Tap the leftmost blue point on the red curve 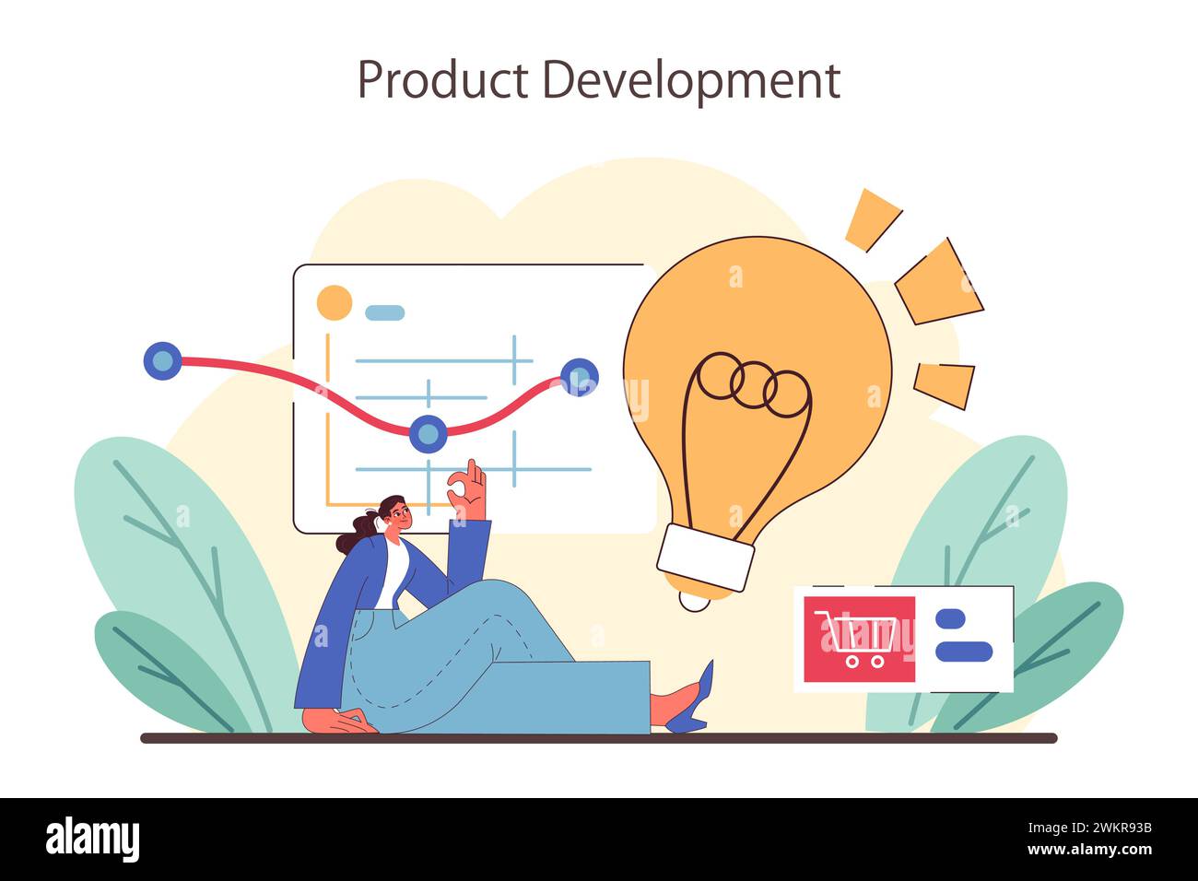163,360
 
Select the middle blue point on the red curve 428,433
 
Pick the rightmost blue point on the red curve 580,377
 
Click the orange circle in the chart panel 334,302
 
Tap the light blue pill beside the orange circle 384,312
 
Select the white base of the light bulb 705,558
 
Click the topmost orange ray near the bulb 871,219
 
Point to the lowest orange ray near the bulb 945,383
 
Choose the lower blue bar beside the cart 963,652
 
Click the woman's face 398,517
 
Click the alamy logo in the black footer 93,840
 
